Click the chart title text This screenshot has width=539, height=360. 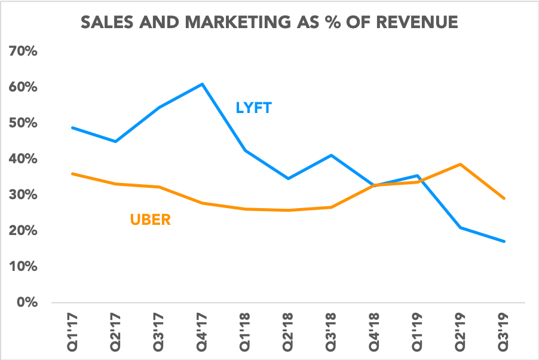pyautogui.click(x=269, y=23)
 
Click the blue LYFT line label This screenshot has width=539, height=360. pyautogui.click(x=253, y=108)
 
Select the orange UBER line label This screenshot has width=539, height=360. pyautogui.click(x=150, y=219)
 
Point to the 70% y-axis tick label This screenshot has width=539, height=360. pyautogui.click(x=24, y=51)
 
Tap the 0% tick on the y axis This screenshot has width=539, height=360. pyautogui.click(x=27, y=303)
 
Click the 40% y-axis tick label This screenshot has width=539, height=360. pyautogui.click(x=24, y=159)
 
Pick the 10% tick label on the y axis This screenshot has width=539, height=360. pyautogui.click(x=24, y=267)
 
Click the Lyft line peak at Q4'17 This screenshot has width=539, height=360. pyautogui.click(x=203, y=84)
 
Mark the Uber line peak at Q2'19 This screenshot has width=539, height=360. pyautogui.click(x=461, y=164)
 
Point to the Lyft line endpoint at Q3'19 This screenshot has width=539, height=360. pyautogui.click(x=504, y=242)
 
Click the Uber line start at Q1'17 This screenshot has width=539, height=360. pyautogui.click(x=72, y=174)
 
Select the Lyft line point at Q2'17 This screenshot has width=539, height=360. pyautogui.click(x=115, y=141)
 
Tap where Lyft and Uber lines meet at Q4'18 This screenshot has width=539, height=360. pyautogui.click(x=375, y=185)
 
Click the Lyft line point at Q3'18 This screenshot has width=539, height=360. pyautogui.click(x=332, y=155)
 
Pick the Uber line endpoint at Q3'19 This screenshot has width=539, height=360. pyautogui.click(x=504, y=199)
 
